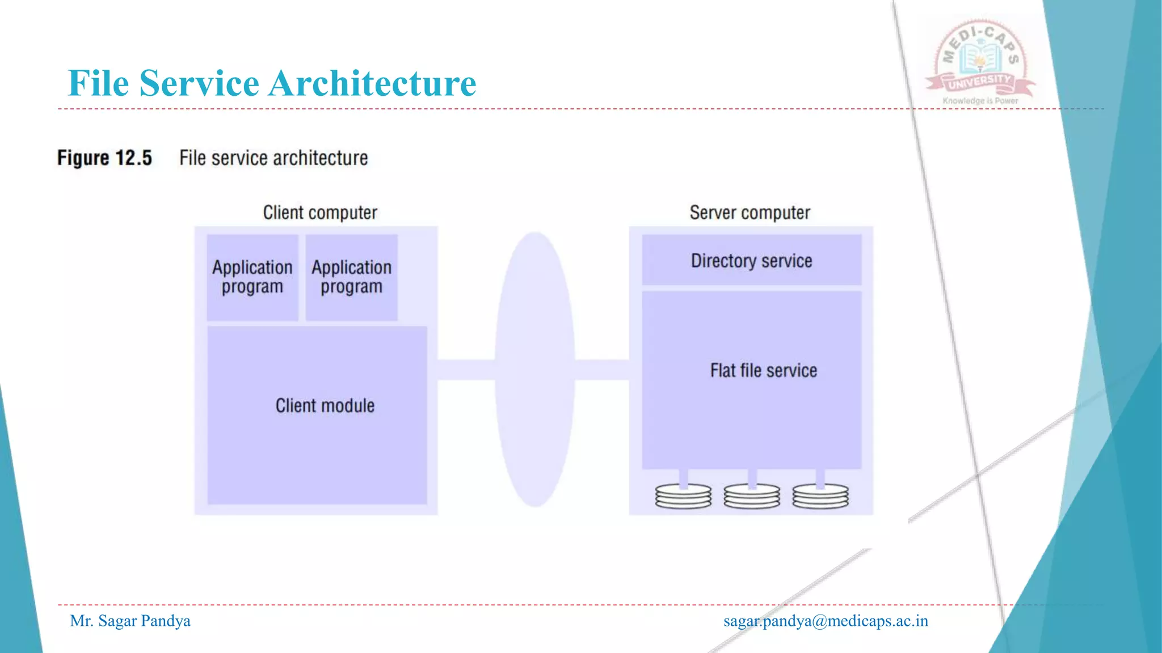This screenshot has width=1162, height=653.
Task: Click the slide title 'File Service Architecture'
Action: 272,83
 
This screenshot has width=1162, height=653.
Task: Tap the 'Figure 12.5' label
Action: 105,158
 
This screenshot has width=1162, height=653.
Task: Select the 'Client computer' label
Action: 320,213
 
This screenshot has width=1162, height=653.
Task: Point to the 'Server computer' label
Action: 750,213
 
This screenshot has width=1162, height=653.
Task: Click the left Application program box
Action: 252,277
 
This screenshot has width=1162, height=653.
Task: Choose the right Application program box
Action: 352,277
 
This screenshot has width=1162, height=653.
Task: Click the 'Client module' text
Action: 325,406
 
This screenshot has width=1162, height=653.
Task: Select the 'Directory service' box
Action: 751,260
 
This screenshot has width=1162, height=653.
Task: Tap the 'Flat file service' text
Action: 764,371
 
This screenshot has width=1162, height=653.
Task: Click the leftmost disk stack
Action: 683,496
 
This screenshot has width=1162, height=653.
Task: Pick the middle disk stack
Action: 752,496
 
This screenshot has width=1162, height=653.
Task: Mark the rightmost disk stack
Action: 820,496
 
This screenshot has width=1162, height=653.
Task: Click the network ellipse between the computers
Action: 535,369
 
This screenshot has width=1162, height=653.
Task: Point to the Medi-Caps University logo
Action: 980,60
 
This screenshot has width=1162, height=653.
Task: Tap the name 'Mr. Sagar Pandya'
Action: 130,621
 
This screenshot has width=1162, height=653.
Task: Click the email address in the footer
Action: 826,621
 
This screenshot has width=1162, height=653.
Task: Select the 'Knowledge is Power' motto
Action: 980,101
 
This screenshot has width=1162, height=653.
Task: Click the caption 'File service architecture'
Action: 273,158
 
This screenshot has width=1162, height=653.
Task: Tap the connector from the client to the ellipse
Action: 466,370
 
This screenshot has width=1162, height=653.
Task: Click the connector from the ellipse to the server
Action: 602,370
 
